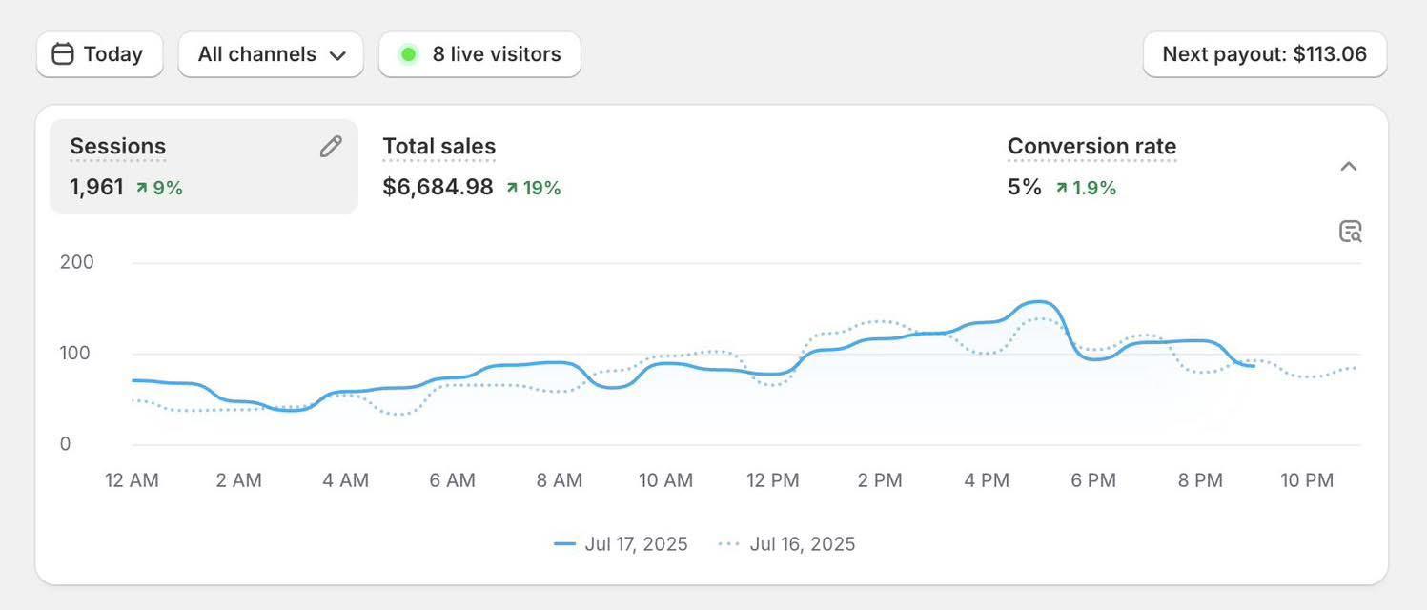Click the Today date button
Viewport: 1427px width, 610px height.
(99, 54)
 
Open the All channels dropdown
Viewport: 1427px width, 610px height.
(271, 54)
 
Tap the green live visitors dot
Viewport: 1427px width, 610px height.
(408, 54)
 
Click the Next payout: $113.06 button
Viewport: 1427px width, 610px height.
(1264, 54)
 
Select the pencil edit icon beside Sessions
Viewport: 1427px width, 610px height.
(331, 147)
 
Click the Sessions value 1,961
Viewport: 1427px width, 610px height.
(96, 187)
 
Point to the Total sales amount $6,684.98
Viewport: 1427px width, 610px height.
(438, 187)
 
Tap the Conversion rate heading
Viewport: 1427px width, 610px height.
(1091, 147)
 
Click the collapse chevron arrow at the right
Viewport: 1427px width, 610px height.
(1348, 167)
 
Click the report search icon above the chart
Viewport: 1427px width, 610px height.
(1350, 232)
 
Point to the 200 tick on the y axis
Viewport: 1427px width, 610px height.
(77, 262)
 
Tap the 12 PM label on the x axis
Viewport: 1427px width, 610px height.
(772, 480)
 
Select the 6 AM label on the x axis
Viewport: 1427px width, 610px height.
(452, 480)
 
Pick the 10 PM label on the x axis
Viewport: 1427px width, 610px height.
(1307, 480)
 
